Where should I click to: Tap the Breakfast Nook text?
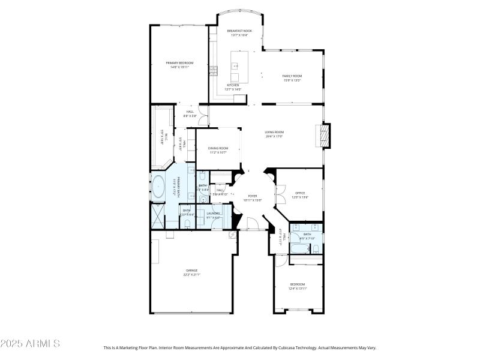tap(239, 31)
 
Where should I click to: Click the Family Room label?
tap(292, 76)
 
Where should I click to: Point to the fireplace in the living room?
tap(325, 136)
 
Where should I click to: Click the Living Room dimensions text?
tap(275, 136)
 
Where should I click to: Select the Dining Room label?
tap(218, 148)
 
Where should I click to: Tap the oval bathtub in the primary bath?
tap(158, 187)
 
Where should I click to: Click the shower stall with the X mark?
tap(157, 213)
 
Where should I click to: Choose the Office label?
tap(300, 193)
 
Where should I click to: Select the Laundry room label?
tap(214, 213)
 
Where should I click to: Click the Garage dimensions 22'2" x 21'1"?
tap(192, 275)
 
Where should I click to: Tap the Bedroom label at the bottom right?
tap(298, 284)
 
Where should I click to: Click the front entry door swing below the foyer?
tap(253, 224)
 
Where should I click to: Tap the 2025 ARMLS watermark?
tap(30, 344)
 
